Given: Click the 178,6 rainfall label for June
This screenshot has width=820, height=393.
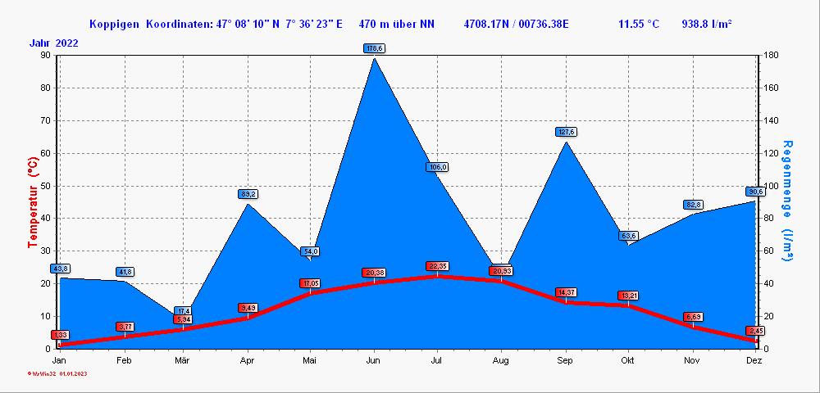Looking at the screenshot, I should click(374, 49).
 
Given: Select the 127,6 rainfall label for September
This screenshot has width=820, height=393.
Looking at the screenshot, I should click(566, 132).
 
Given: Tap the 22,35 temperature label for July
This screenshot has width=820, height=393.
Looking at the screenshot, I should click(438, 266).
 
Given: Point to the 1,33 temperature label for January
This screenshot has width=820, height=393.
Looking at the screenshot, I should click(60, 335).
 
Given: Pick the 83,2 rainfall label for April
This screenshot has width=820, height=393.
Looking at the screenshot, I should click(248, 194).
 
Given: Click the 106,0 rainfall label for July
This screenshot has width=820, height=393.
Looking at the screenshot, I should click(437, 167).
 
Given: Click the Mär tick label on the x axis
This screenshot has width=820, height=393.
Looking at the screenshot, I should click(184, 360).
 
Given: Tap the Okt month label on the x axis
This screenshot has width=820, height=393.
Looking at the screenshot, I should click(628, 360).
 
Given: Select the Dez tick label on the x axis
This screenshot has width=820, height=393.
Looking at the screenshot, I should click(754, 360).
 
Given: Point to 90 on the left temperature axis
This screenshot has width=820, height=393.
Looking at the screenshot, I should click(45, 56).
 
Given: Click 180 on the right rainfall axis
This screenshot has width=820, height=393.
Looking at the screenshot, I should click(770, 56).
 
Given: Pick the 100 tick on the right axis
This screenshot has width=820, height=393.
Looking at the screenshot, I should click(770, 186).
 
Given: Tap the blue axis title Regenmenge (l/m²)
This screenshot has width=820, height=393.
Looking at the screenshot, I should click(787, 201).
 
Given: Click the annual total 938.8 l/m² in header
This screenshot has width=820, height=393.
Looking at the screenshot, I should click(707, 24).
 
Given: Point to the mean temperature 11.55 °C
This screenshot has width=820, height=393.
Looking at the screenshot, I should click(639, 24).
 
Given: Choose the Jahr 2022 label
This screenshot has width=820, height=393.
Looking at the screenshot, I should click(54, 43).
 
